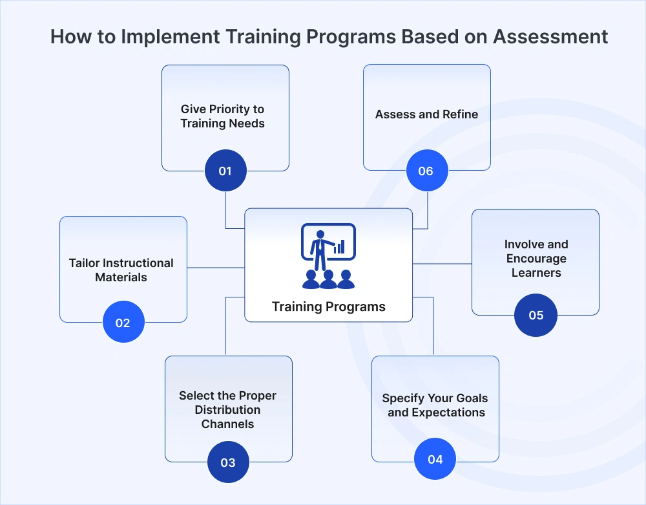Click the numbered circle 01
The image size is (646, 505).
225,171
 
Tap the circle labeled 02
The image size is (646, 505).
123,323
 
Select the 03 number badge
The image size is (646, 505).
228,462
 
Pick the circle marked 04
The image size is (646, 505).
435,459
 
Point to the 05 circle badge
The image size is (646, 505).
536,316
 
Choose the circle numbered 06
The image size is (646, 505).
426,171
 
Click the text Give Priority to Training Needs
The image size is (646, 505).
223,116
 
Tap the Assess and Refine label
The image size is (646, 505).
426,114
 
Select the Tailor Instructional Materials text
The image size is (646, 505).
121,270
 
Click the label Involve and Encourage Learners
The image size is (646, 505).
536,259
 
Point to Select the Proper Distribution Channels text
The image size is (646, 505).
227,410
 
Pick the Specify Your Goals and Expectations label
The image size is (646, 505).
435,405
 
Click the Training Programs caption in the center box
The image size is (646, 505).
328,306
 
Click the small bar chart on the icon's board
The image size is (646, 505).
339,246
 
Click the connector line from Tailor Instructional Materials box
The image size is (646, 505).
216,267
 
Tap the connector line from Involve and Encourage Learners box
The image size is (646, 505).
442,264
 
